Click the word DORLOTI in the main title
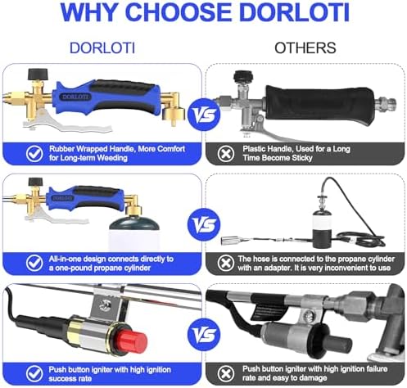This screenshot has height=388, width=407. [295, 12]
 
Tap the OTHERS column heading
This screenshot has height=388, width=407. [305, 48]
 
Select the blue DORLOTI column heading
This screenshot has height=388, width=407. [102, 48]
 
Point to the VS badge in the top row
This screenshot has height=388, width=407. [204, 115]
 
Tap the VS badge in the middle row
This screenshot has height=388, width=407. [204, 224]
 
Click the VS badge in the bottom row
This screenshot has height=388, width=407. [204, 335]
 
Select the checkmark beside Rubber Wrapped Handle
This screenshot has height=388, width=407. [34, 153]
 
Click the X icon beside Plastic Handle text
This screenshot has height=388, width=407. [226, 154]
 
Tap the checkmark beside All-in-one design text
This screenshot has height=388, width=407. [34, 263]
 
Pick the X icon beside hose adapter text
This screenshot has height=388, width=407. [226, 263]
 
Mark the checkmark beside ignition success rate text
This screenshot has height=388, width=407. [34, 373]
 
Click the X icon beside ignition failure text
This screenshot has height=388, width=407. [226, 373]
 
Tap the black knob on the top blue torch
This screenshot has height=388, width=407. [38, 74]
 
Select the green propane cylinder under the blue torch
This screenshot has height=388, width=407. [134, 232]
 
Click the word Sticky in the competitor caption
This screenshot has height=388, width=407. [301, 158]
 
